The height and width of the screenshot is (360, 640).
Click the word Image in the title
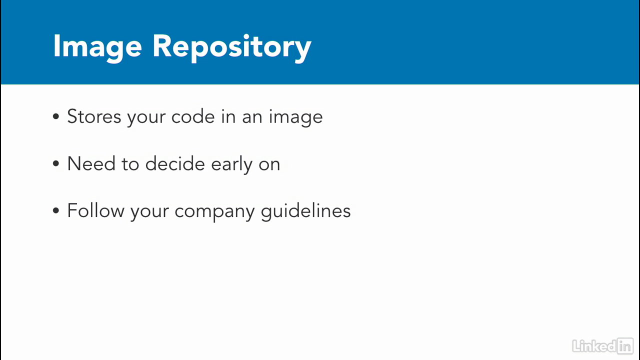click(x=97, y=47)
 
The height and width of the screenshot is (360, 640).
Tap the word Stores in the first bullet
click(x=94, y=116)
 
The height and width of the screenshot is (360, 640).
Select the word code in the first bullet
click(x=193, y=116)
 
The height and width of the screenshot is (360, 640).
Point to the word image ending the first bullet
click(x=295, y=117)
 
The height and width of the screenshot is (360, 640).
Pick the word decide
click(x=175, y=163)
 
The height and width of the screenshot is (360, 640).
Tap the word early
click(x=231, y=164)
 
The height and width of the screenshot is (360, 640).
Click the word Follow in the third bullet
click(x=95, y=211)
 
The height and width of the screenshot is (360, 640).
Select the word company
click(x=214, y=212)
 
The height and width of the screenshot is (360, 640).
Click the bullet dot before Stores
click(x=56, y=116)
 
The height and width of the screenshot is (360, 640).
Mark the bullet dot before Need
click(x=56, y=163)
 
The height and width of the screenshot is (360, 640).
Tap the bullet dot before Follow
click(x=56, y=211)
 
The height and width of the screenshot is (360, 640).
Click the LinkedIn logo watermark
click(x=603, y=346)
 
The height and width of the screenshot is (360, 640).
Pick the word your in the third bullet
click(x=149, y=212)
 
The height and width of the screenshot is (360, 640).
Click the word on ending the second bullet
click(x=269, y=165)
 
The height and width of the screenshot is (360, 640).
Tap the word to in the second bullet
click(x=130, y=164)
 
